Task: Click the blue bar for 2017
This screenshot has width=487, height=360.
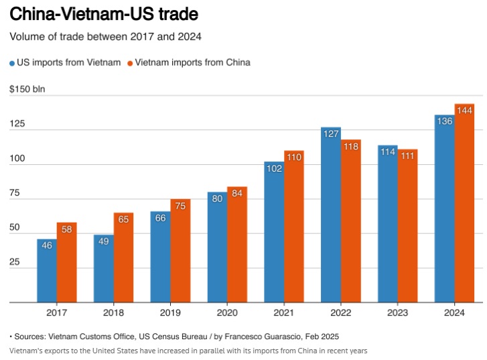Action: click(46, 272)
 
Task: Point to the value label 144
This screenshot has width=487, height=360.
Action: click(464, 110)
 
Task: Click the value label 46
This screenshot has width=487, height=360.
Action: click(46, 245)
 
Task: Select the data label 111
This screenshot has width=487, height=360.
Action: click(407, 156)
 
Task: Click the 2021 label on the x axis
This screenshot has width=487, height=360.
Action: click(284, 312)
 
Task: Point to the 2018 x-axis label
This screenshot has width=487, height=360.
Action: click(113, 312)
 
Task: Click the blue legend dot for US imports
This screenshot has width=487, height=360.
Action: click(13, 63)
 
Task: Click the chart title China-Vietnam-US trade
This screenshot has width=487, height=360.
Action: click(104, 13)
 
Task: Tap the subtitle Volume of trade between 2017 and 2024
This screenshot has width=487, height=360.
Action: click(105, 36)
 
